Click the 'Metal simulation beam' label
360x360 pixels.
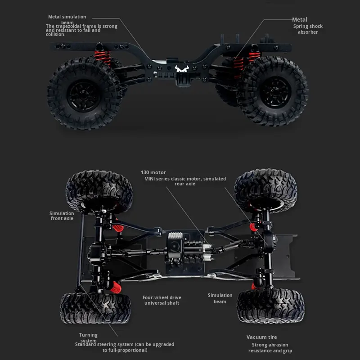(x=67, y=19)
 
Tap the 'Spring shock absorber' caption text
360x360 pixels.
(x=308, y=29)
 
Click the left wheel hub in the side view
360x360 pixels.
(x=84, y=95)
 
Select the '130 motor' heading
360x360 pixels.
(x=153, y=172)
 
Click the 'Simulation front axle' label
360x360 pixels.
(x=62, y=216)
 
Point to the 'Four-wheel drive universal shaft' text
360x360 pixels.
(x=162, y=300)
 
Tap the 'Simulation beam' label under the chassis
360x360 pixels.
(x=220, y=298)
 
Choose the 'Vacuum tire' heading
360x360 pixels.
(x=261, y=337)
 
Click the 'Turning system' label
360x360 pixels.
(x=88, y=338)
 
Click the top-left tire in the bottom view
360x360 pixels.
(x=99, y=191)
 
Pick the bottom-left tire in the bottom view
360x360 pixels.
(x=95, y=308)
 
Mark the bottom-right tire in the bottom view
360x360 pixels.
(x=271, y=306)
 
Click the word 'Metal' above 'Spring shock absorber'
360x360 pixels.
(x=300, y=20)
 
